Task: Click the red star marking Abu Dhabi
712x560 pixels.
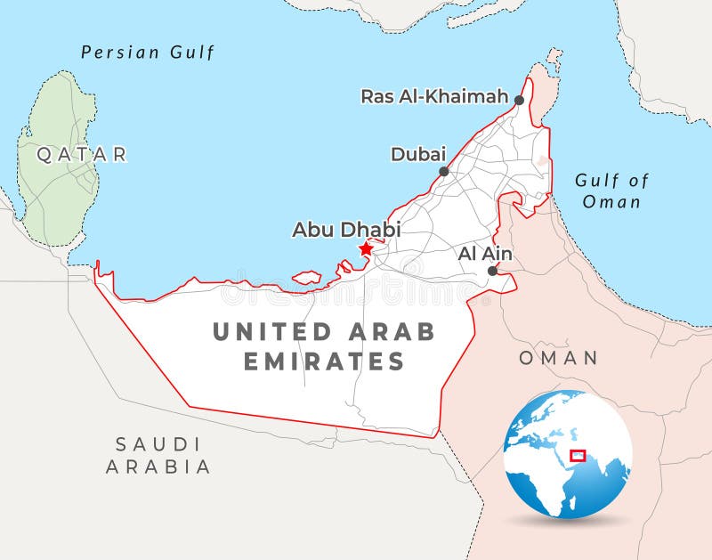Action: click(365, 249)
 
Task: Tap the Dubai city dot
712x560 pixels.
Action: click(443, 171)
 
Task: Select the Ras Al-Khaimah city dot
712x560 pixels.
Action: click(519, 101)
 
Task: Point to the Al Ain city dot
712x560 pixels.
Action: click(492, 271)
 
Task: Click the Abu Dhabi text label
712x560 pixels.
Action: click(346, 230)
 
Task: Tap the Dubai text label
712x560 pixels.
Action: click(417, 154)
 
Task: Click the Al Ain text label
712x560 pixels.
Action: click(484, 254)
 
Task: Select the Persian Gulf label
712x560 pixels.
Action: click(148, 53)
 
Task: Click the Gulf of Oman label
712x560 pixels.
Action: click(611, 191)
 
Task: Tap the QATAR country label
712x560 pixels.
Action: click(82, 155)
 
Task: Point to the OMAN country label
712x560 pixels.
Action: click(558, 358)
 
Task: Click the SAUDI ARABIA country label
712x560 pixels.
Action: click(158, 455)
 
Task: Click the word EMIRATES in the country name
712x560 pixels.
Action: click(324, 361)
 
